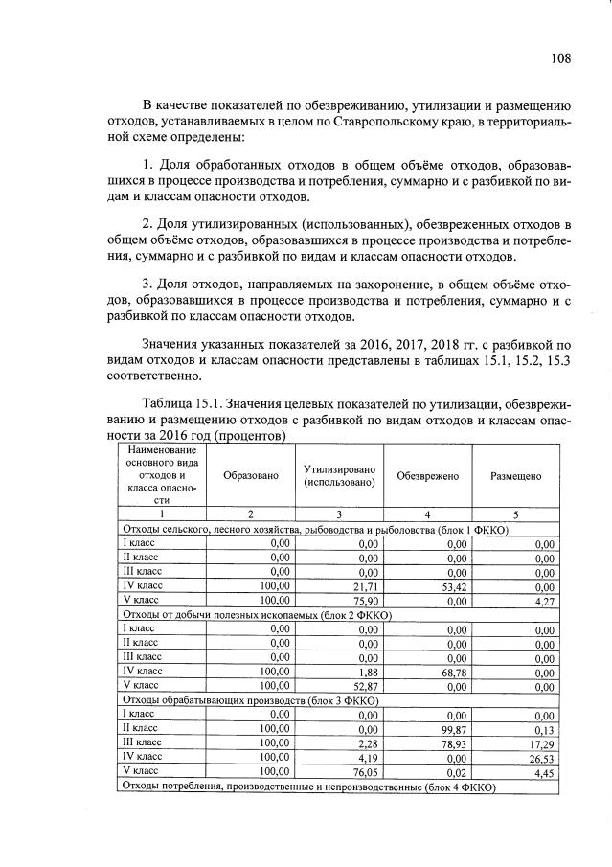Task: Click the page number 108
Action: [x=560, y=57]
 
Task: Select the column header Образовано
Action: [x=251, y=476]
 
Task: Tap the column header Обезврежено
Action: [x=428, y=476]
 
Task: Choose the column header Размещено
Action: [x=516, y=476]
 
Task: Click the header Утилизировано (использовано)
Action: [x=340, y=476]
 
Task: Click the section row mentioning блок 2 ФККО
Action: [x=255, y=614]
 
